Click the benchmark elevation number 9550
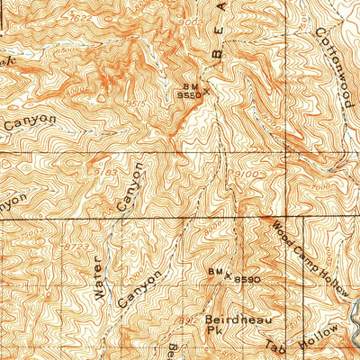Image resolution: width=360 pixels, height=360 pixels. [x=186, y=94]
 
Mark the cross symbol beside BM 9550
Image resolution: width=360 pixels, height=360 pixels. [x=207, y=90]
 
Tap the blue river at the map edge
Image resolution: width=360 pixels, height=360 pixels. [x=353, y=319]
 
